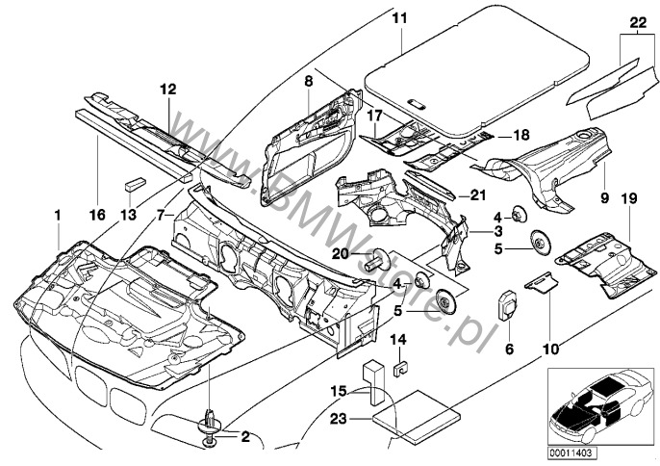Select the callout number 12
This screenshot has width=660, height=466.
click(168, 90)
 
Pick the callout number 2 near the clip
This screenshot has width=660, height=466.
click(244, 437)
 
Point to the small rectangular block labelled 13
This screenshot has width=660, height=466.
click(133, 183)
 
